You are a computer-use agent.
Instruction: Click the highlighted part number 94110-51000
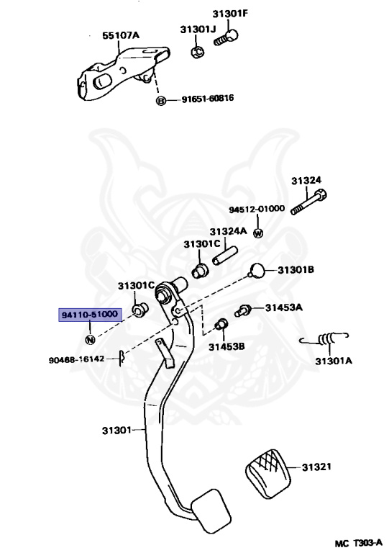[90, 314]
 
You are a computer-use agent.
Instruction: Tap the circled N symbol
[90, 340]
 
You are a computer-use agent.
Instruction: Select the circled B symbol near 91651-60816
[160, 101]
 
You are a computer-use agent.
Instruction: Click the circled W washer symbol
[258, 233]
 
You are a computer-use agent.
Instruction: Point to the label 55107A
[121, 35]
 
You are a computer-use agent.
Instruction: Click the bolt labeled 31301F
[226, 37]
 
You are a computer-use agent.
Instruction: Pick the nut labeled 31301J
[198, 52]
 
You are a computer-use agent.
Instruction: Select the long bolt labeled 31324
[308, 202]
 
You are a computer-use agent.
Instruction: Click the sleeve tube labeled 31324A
[224, 256]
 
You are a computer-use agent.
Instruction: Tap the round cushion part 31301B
[257, 271]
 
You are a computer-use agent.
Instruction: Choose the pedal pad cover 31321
[268, 474]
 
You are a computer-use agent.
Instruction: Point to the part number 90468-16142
[76, 359]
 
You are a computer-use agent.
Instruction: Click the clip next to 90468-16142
[122, 358]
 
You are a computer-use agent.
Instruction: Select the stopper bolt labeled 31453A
[242, 311]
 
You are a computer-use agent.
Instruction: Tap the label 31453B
[226, 346]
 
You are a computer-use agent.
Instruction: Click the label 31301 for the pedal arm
[116, 431]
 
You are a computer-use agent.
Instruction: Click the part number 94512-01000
[257, 209]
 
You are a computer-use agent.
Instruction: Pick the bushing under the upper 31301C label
[201, 271]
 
